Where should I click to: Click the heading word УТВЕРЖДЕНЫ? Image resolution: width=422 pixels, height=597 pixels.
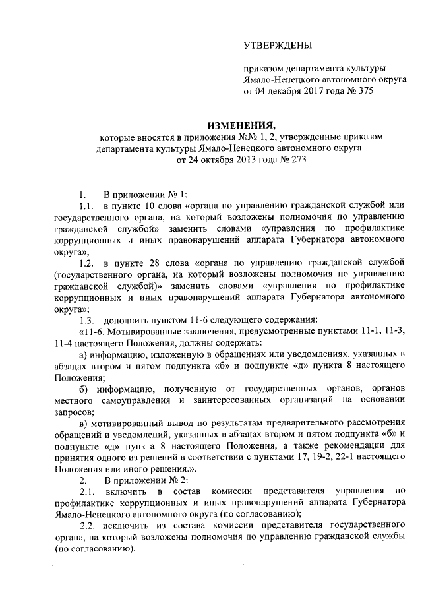[x=278, y=46]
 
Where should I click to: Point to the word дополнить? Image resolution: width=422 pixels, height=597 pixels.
[x=125, y=320]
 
